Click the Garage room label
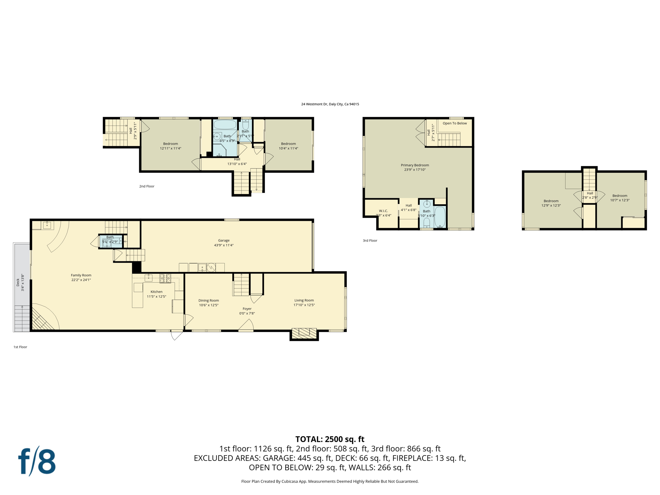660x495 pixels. (224, 240)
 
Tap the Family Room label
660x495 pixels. (81, 275)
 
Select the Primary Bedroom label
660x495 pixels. (415, 165)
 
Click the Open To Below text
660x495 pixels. (454, 123)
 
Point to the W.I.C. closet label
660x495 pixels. (383, 211)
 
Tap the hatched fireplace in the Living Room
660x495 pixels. (304, 333)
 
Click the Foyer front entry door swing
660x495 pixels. (247, 325)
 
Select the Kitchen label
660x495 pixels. (156, 292)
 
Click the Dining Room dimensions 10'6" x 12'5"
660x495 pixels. (209, 305)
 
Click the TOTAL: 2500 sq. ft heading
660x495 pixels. (330, 439)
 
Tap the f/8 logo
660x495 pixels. (37, 461)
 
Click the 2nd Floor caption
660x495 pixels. (147, 186)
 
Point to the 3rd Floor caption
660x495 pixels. (370, 240)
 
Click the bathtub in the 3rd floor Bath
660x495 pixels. (440, 217)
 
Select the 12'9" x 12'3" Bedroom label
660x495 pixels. (551, 205)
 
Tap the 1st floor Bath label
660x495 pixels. (110, 237)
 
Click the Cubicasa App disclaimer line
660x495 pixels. (330, 481)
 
